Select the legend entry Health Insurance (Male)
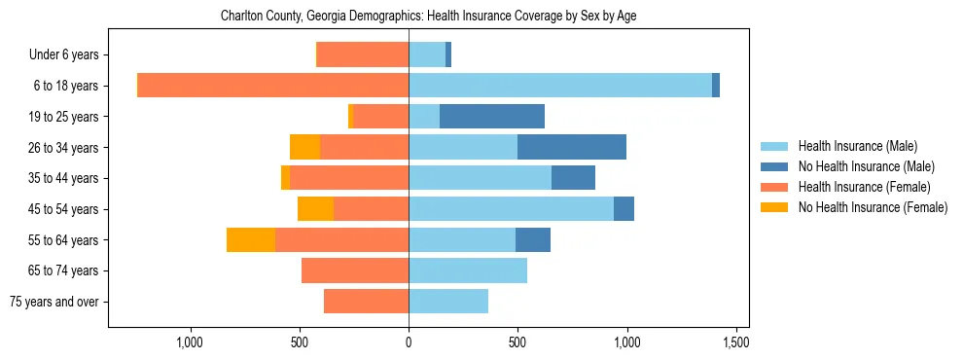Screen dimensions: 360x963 pos(857,146)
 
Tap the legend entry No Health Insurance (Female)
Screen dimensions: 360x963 pos(873,207)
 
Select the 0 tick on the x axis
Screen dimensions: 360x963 pos(409,342)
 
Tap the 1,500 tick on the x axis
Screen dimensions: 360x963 pos(735,342)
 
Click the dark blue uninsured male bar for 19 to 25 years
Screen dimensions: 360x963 pos(492,117)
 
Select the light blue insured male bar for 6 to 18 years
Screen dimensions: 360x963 pos(560,86)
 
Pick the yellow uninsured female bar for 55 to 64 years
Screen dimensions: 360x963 pos(251,240)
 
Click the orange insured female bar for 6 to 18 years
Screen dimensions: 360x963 pos(273,86)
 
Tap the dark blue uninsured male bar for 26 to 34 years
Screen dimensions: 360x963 pos(572,148)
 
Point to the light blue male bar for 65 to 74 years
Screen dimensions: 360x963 pos(468,270)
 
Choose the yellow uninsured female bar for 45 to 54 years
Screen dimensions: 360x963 pos(316,209)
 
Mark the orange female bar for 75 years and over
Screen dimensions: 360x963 pos(367,302)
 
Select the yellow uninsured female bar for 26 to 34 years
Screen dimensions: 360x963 pos(305,148)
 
